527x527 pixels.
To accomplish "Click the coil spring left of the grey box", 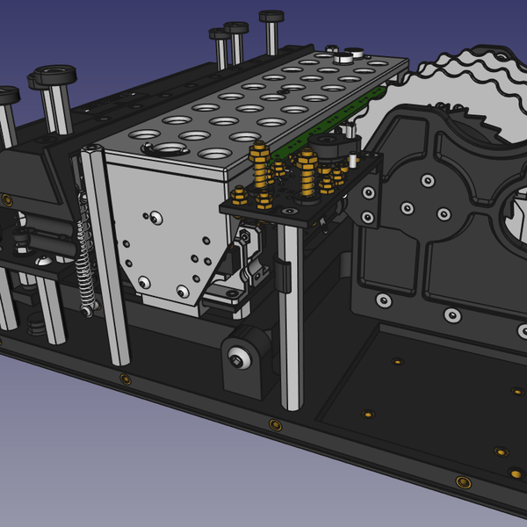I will pos(84,263).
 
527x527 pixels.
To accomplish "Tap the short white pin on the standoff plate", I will pos(350,162).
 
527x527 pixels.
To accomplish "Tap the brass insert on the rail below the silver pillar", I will pos(275,424).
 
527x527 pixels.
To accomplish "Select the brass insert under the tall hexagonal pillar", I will pos(126,379).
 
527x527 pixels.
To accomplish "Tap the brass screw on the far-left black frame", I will pos(7,200).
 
